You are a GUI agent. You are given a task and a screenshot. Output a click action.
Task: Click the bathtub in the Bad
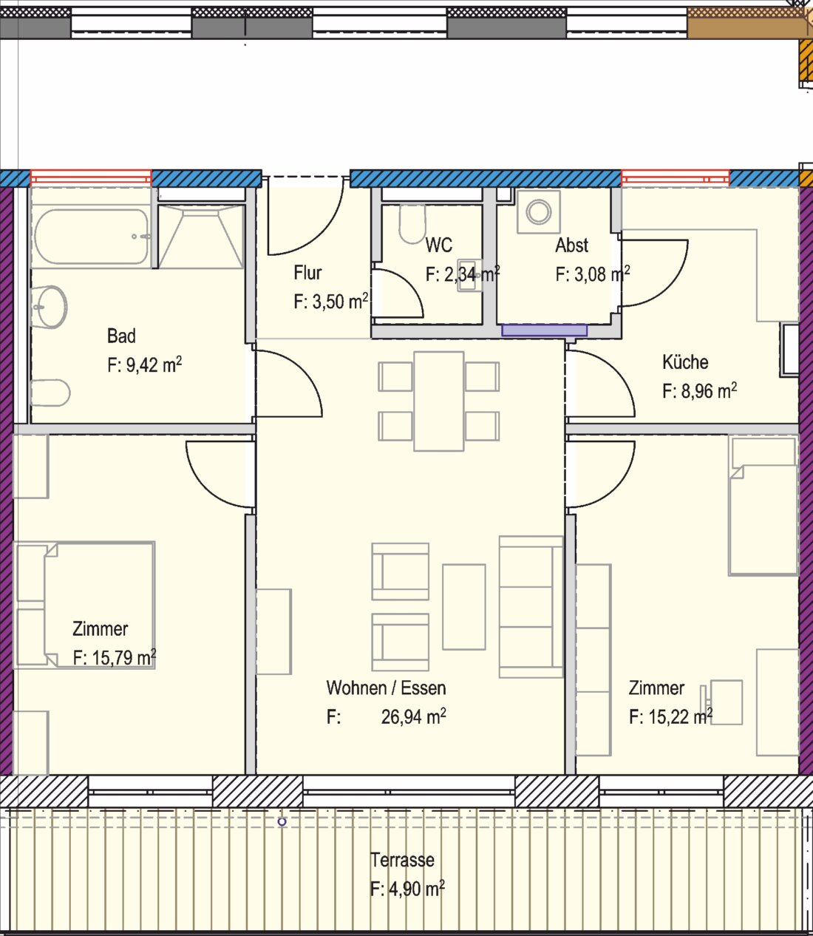[91, 237]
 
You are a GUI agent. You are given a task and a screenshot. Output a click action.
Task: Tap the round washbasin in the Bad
[49, 307]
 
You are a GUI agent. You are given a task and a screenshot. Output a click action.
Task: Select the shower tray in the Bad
[201, 237]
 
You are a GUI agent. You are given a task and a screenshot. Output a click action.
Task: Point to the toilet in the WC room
[412, 224]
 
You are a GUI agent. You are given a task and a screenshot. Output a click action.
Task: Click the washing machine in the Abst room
[539, 211]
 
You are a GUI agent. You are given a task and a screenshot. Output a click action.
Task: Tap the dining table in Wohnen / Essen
[439, 401]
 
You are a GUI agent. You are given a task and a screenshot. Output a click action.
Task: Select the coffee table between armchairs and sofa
[463, 606]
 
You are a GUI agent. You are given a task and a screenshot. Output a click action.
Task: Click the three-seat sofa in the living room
[531, 606]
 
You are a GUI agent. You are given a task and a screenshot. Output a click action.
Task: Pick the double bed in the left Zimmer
[99, 606]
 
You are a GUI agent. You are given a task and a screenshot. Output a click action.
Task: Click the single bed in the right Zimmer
[763, 506]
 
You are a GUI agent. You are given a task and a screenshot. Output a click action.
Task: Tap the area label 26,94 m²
[413, 716]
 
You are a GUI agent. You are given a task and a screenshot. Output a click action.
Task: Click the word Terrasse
[402, 860]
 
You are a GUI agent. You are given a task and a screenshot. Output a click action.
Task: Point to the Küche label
[685, 362]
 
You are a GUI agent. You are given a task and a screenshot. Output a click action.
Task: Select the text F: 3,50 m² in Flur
[330, 302]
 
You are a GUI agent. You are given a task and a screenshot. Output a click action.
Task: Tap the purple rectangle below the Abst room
[544, 330]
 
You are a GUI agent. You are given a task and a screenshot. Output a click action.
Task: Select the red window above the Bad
[91, 177]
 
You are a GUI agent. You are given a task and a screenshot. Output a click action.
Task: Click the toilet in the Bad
[50, 393]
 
